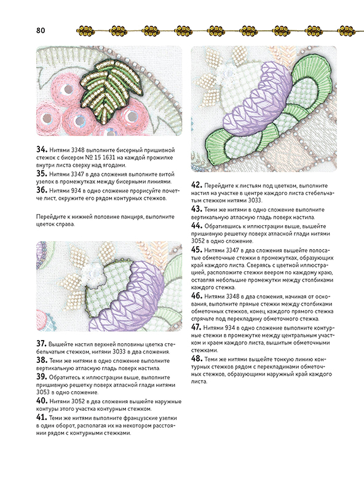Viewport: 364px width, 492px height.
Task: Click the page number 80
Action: click(x=41, y=30)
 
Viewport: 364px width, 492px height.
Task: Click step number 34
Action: click(x=42, y=149)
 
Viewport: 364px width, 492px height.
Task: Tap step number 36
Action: click(x=42, y=190)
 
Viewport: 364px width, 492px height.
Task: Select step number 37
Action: click(x=42, y=344)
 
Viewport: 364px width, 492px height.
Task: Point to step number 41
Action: click(x=42, y=418)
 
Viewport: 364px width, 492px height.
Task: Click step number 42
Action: click(x=197, y=185)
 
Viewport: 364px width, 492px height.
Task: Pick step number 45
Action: click(x=197, y=250)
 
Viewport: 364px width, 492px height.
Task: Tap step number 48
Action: click(x=197, y=359)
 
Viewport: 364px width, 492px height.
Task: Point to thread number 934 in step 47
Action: click(x=230, y=328)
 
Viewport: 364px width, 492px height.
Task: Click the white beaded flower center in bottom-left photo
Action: click(x=93, y=274)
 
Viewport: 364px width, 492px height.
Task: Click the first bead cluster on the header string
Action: click(x=86, y=30)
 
